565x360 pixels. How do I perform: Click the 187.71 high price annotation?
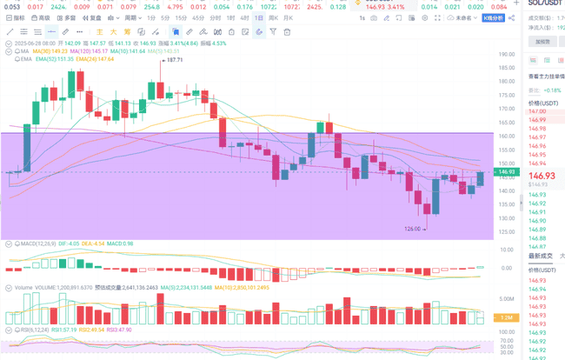point(174,60)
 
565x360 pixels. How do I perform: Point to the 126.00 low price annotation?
point(414,229)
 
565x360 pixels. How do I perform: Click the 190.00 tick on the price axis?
point(507,54)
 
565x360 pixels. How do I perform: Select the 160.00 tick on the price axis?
point(507,136)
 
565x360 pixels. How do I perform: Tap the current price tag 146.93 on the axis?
point(507,172)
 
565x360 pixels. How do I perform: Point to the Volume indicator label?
point(22,287)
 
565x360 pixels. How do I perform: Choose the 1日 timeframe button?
point(260,17)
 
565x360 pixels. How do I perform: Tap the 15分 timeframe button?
point(180,17)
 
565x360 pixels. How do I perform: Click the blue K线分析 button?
point(493,17)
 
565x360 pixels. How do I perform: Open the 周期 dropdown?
point(131,17)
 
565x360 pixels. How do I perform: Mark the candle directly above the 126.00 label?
point(426,207)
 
